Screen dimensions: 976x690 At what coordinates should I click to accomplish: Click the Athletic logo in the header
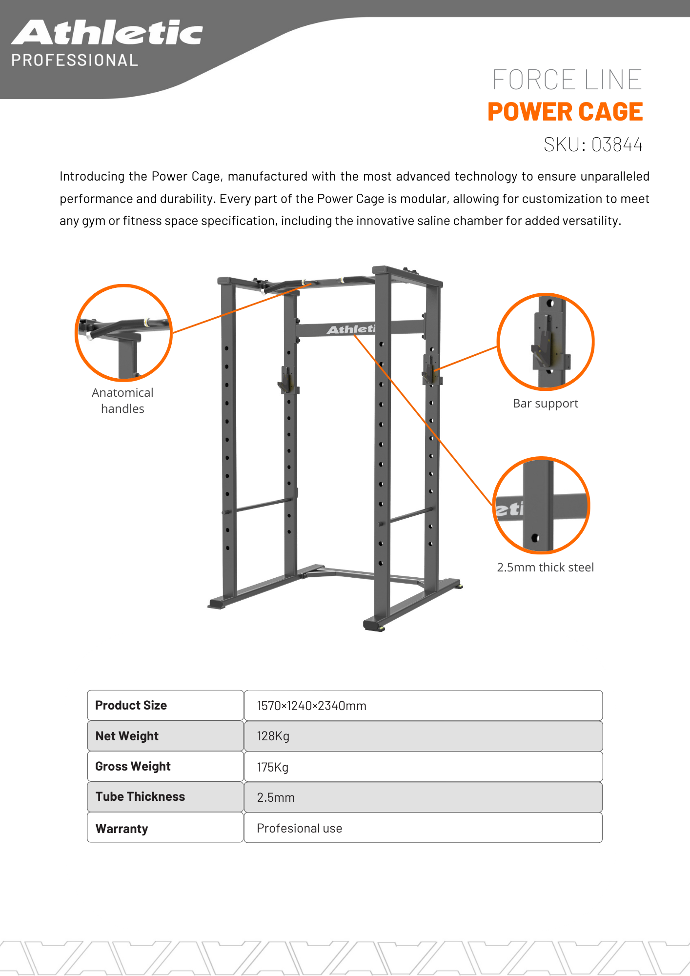107,33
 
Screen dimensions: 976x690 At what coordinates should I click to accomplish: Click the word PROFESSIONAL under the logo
75,61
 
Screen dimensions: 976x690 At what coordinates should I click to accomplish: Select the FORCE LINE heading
567,80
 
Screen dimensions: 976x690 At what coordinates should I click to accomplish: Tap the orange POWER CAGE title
565,112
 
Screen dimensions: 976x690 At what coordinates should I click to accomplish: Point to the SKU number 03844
617,145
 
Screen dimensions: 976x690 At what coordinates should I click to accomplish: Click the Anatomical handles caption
122,401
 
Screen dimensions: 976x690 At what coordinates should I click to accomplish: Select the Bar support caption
545,404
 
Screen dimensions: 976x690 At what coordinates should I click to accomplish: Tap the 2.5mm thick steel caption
545,567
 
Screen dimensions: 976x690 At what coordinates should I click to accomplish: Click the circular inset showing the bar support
546,342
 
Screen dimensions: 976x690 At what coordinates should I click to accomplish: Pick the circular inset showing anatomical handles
123,333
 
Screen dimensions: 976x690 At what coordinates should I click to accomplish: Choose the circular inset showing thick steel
541,506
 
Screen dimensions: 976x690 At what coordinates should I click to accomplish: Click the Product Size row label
131,706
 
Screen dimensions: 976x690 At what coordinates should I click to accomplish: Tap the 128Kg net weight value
273,736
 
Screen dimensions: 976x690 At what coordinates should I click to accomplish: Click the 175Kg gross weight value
272,767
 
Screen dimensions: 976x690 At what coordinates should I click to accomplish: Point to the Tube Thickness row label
140,797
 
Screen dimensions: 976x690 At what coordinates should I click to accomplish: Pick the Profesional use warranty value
299,828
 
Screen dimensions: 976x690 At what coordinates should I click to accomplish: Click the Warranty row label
122,829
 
